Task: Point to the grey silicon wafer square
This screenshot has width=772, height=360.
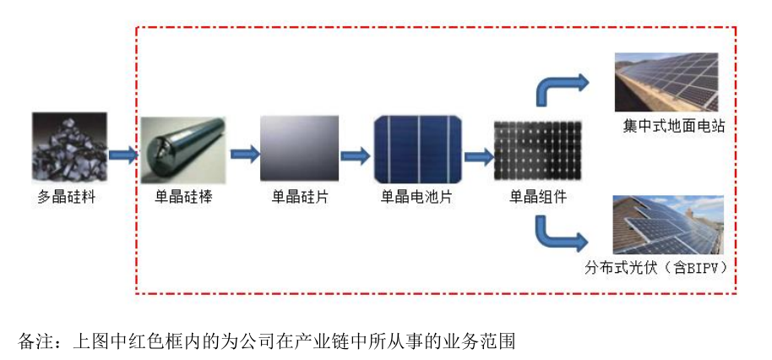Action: [x=300, y=150]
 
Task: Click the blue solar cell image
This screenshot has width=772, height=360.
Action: [x=418, y=150]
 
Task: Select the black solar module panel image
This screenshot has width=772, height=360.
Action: [x=536, y=152]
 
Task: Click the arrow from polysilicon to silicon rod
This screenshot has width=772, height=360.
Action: [x=122, y=155]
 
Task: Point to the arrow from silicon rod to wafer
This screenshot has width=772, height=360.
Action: [x=244, y=155]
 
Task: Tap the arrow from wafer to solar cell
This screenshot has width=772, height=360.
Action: [x=356, y=155]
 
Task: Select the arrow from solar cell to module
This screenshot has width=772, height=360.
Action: [x=478, y=155]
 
